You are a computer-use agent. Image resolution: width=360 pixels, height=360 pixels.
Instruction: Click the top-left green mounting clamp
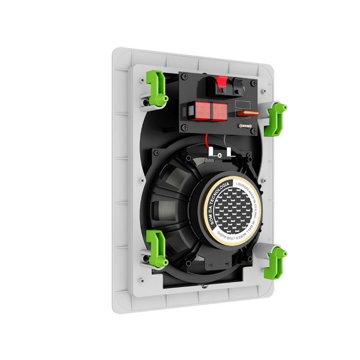[157, 88]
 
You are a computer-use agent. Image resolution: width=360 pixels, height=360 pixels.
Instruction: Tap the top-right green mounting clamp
[277, 118]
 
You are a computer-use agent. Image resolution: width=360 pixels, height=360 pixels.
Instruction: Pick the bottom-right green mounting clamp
[276, 262]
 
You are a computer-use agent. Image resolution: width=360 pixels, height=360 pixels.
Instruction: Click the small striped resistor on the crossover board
[244, 126]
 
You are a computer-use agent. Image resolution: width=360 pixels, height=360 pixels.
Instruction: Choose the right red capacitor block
[219, 112]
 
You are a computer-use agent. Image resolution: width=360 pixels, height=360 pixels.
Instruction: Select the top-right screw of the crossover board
[254, 83]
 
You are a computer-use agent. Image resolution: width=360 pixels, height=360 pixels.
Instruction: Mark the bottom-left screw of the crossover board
[184, 127]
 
